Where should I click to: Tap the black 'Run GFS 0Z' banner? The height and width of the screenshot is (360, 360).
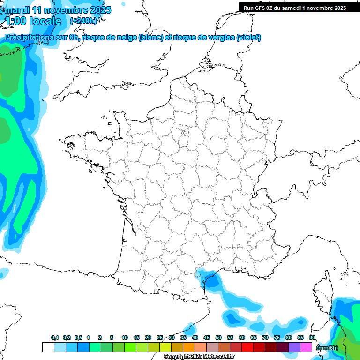point(295,7)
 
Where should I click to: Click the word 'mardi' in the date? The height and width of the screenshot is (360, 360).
point(17,9)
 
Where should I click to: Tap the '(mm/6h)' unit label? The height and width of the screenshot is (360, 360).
point(327,347)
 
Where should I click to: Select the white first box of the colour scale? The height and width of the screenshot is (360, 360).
point(48,347)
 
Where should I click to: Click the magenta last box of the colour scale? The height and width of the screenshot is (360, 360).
point(306,347)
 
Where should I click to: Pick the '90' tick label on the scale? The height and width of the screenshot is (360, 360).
point(312,337)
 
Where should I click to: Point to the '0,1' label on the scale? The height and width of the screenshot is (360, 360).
point(55,337)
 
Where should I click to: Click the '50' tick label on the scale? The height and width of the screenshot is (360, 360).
point(218,337)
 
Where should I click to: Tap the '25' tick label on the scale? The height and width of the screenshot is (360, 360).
point(160,337)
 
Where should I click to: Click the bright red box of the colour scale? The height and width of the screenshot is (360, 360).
point(247,347)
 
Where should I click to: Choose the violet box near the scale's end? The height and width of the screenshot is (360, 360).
point(294,347)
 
